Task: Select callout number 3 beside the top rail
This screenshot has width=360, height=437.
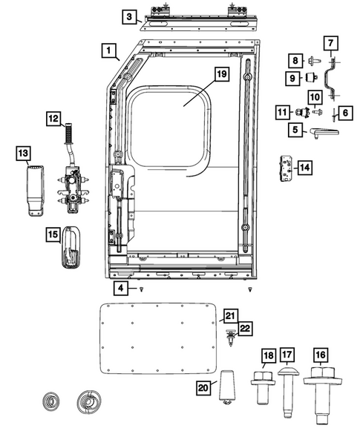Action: point(129,16)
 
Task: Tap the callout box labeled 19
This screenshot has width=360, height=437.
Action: point(220,73)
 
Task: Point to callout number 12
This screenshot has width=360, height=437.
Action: point(53,118)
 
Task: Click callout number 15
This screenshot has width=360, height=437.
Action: point(53,234)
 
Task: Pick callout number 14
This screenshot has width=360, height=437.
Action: point(304,168)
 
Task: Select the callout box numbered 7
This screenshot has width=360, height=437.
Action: point(331,43)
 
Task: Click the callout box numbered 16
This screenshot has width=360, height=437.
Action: point(321,355)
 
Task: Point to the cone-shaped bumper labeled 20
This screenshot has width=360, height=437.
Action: point(226,386)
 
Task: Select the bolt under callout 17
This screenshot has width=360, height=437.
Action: point(288,390)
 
